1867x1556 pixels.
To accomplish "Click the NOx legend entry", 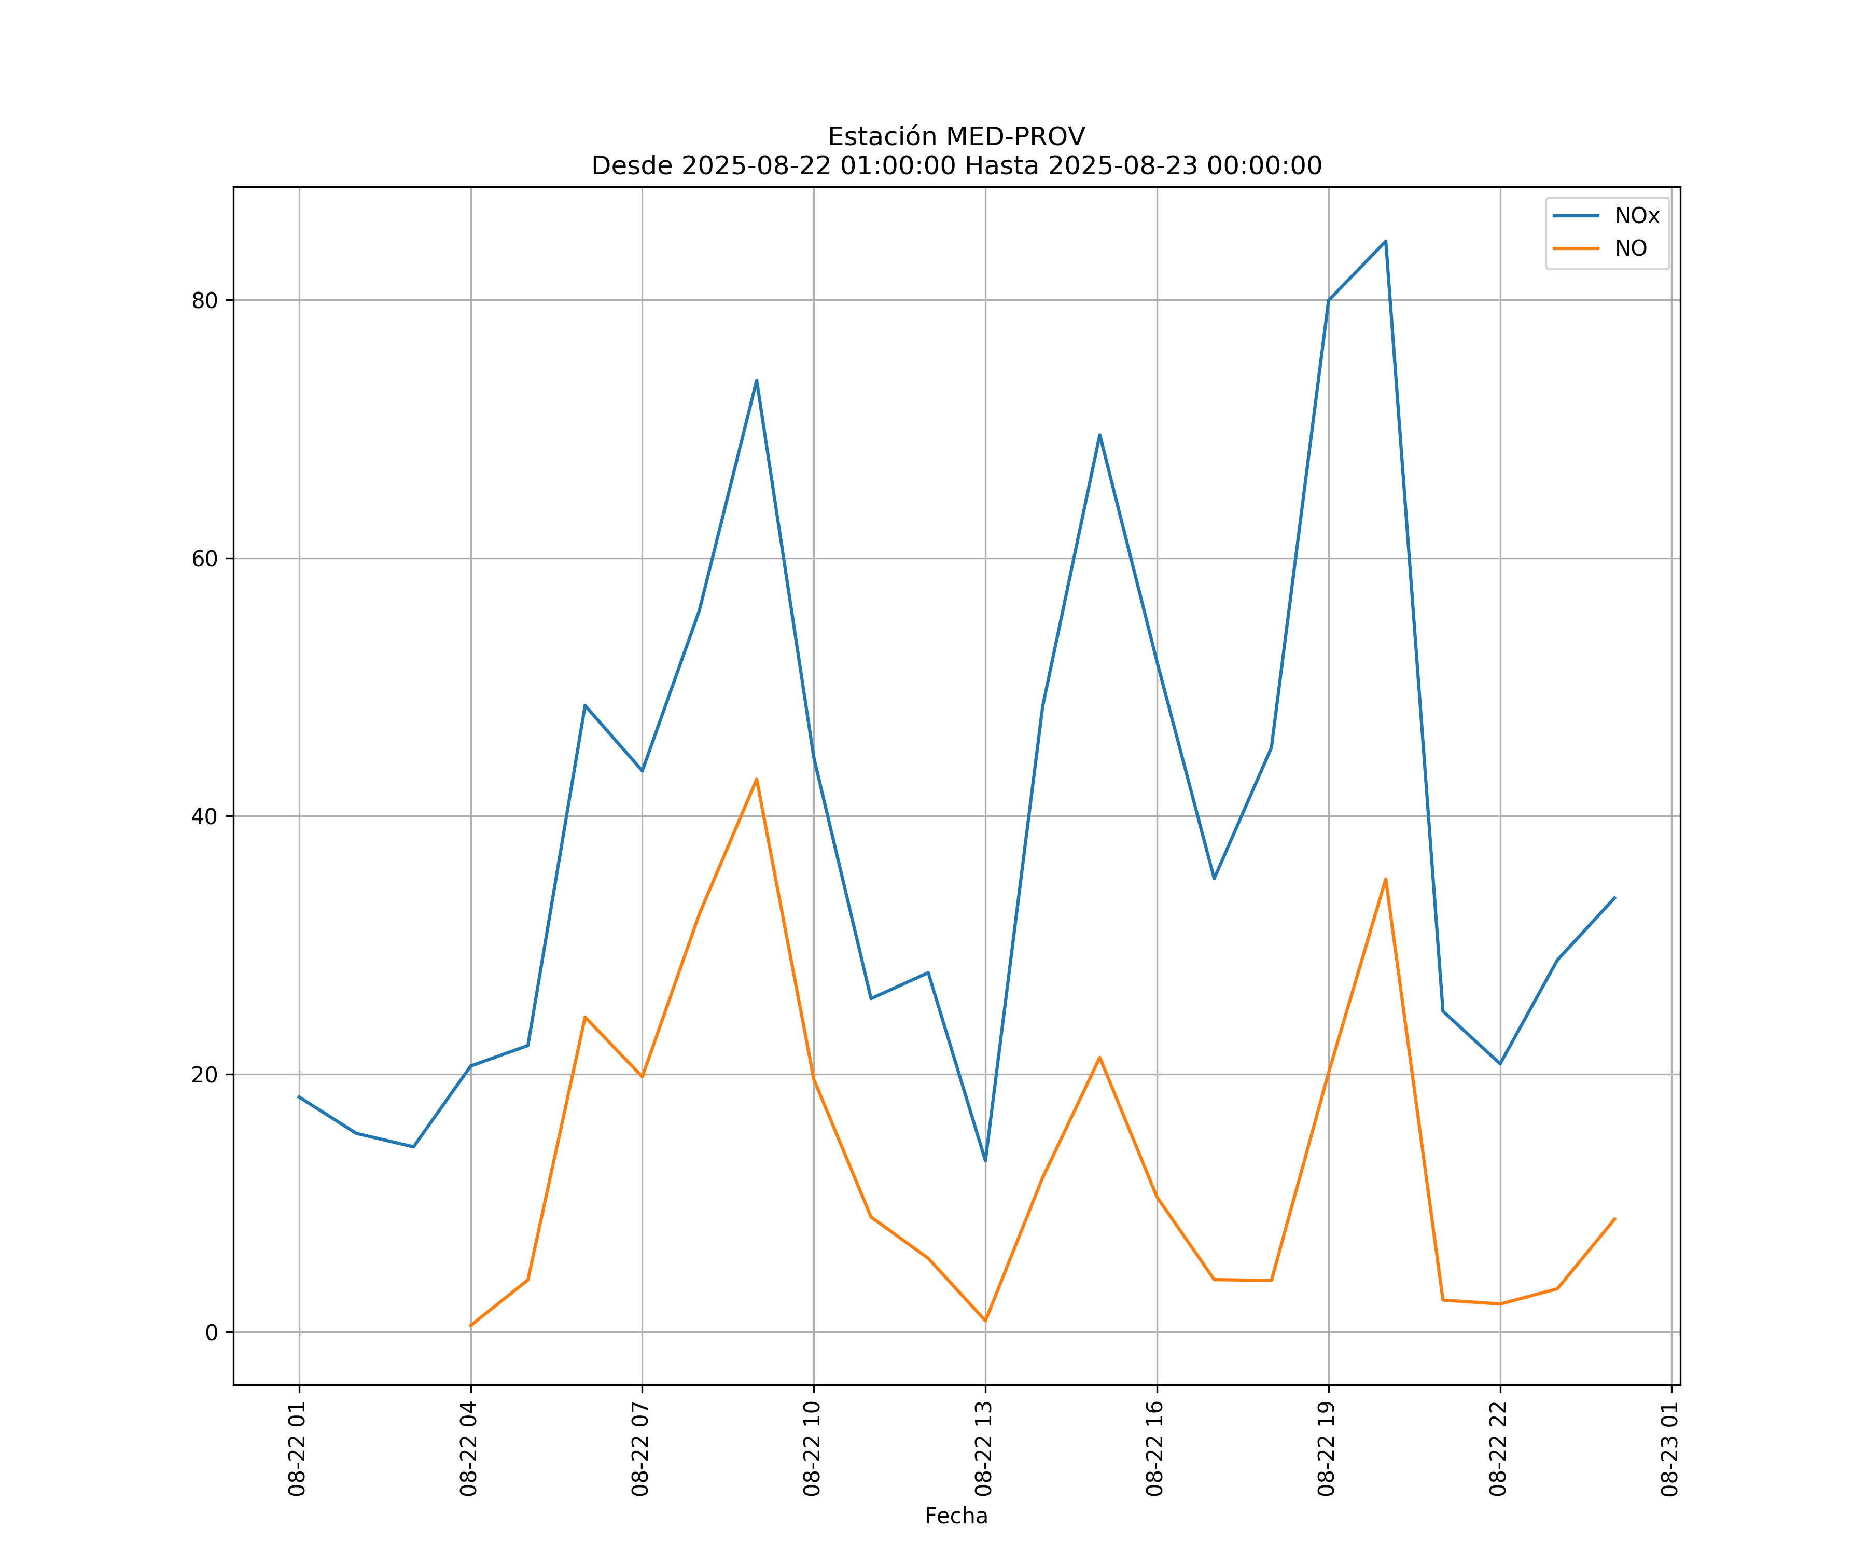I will tap(1636, 216).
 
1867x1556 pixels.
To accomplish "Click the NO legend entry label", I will tap(1631, 248).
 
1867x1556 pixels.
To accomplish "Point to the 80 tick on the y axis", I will tap(204, 300).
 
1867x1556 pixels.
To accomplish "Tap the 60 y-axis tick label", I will tap(204, 559).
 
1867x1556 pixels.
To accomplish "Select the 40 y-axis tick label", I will tap(204, 816).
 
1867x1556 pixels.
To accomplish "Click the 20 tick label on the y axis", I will tap(204, 1074).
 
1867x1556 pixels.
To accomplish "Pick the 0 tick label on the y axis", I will tap(212, 1332).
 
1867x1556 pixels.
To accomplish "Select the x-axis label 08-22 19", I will tap(1327, 1449).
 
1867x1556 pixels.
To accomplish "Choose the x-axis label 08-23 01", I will tap(1669, 1449).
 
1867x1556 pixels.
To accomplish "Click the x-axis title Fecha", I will tap(956, 1516).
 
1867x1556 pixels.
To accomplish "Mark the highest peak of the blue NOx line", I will tap(1385, 241).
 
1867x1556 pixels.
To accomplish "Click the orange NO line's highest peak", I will tap(757, 779).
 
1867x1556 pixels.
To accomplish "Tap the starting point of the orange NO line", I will tap(470, 1326).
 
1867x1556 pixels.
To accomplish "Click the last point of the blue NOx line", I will tap(1614, 897).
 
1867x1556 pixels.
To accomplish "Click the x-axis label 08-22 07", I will tap(640, 1449).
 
